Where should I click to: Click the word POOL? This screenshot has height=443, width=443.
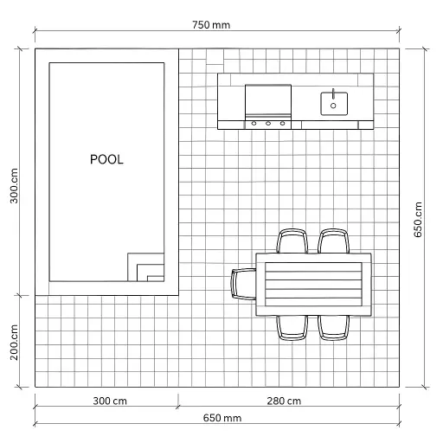[x=106, y=160]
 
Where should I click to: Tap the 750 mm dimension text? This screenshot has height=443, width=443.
[x=212, y=24]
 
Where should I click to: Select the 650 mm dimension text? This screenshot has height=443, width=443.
[x=222, y=418]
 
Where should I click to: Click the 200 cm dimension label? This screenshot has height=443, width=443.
[x=14, y=341]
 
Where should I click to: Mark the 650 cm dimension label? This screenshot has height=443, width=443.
[x=418, y=219]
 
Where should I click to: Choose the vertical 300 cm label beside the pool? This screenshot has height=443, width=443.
[x=14, y=183]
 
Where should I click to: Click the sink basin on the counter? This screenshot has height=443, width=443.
[x=334, y=102]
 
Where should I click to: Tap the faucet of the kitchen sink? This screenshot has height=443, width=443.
[x=334, y=93]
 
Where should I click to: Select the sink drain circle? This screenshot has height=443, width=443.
[x=334, y=106]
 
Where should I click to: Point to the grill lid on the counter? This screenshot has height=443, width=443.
[x=268, y=101]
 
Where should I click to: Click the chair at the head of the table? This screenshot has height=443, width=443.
[x=244, y=283]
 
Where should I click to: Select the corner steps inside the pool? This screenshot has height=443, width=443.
[x=146, y=267]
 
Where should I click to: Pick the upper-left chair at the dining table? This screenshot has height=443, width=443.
[x=292, y=240]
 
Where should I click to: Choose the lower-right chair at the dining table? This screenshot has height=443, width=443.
[x=333, y=325]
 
